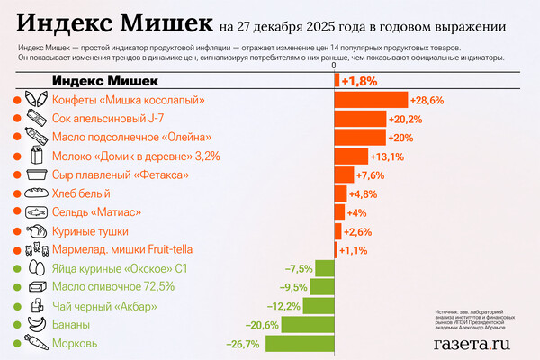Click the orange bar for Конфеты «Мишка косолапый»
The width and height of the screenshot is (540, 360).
[x=371, y=100]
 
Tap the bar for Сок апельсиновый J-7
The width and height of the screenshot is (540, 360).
[x=360, y=119]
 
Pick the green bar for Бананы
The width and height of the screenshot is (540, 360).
[x=308, y=325]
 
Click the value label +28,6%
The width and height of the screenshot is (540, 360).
[x=427, y=100]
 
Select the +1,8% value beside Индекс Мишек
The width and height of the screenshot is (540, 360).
[x=358, y=81]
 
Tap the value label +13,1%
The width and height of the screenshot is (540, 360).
[x=389, y=156]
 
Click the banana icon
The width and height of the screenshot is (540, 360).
[x=36, y=324]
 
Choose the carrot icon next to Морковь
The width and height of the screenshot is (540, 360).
[x=36, y=343]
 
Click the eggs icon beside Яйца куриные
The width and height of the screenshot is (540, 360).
[x=36, y=268]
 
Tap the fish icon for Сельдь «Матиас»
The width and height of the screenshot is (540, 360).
[x=36, y=212]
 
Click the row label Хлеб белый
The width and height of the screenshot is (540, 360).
[x=82, y=193]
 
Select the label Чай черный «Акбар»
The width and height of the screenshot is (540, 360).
[x=96, y=306]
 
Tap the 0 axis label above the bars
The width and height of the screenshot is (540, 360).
[x=334, y=66]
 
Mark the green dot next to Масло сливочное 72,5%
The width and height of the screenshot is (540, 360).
[x=17, y=287]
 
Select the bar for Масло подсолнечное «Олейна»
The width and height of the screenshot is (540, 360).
[x=360, y=138]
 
